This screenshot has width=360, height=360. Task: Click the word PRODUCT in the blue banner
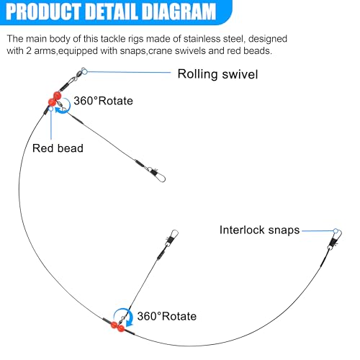point(43,12)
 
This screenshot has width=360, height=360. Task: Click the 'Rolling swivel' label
point(217,74)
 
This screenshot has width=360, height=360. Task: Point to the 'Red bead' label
point(58,148)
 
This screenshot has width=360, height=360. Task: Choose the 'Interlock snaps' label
point(259,230)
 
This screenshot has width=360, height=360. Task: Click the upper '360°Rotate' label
point(103,101)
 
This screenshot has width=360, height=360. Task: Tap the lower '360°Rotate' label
point(167,316)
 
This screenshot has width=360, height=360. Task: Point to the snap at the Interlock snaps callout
point(335,240)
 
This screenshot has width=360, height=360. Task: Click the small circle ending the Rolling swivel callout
point(84,71)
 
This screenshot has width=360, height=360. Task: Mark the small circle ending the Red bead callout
point(51,109)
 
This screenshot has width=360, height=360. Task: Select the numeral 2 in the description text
point(29,51)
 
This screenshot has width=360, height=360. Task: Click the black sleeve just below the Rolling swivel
point(64,86)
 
